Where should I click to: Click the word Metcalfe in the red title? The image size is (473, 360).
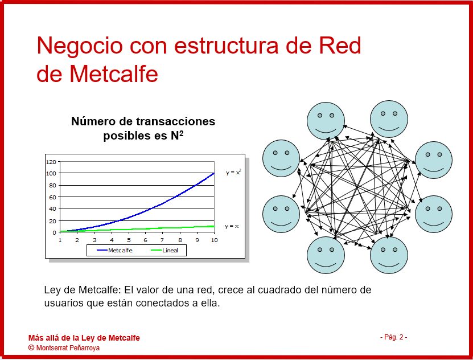114,74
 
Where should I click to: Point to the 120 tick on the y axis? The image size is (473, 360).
51,162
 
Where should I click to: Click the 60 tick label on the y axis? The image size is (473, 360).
52,197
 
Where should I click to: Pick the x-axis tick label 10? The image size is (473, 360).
214,240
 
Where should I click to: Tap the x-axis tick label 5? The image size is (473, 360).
129,240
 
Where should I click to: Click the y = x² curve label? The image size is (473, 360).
233,172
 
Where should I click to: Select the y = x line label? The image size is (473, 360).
232,226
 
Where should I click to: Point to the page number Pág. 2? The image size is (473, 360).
394,337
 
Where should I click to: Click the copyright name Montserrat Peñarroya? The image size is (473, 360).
68,348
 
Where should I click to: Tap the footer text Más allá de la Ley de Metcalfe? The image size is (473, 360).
84,338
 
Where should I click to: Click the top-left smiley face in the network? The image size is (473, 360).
326,121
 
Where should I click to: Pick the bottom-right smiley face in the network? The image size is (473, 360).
389,255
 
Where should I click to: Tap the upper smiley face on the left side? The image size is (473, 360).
281,158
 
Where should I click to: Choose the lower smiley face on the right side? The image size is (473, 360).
434,214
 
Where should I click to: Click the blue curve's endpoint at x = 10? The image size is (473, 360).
214,173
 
